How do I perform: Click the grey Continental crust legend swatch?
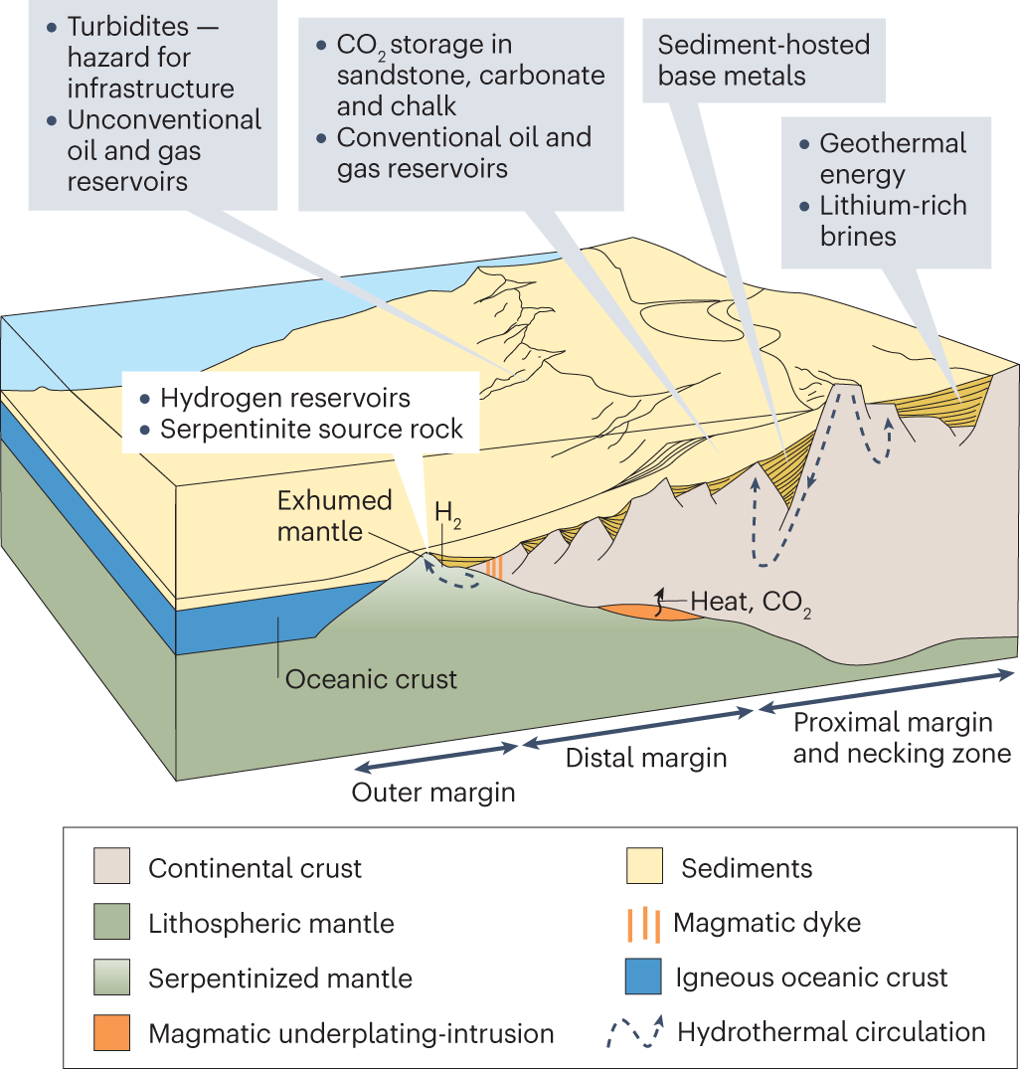click(113, 867)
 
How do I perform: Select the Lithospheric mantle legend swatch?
click(113, 923)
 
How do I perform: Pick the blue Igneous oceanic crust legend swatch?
click(643, 977)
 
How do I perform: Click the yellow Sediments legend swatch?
click(643, 867)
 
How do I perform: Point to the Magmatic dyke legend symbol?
click(644, 923)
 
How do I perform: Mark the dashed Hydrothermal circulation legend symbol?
click(634, 1032)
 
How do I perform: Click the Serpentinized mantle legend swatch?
click(113, 978)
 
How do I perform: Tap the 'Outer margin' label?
click(433, 794)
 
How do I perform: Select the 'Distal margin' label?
click(646, 758)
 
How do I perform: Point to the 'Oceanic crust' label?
click(371, 680)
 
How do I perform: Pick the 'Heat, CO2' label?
click(752, 602)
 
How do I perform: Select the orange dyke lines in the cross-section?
click(495, 566)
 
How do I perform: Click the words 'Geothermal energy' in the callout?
click(892, 159)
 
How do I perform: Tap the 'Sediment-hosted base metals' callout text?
click(764, 60)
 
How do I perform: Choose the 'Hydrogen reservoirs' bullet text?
click(285, 399)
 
